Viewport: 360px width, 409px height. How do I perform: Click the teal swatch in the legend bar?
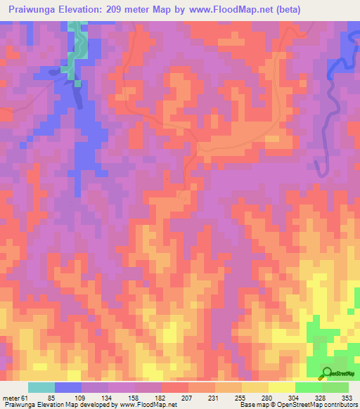[41, 388]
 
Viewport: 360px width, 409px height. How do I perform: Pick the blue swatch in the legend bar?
[68, 388]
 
